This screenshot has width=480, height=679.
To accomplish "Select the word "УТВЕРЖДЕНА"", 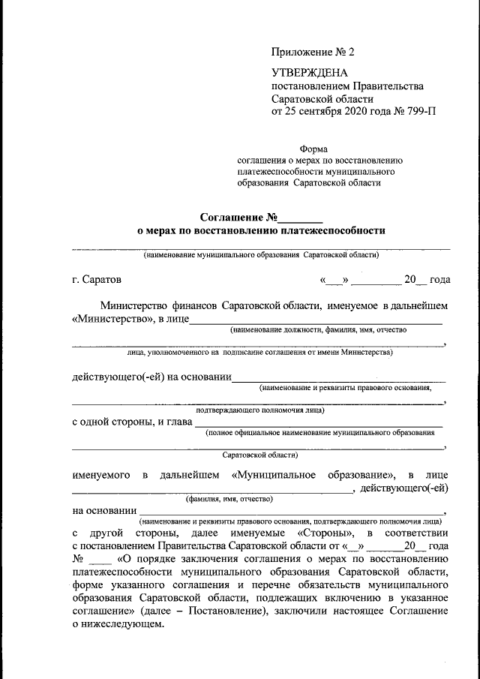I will click(x=310, y=74).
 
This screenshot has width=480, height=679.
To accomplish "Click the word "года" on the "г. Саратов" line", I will click(x=440, y=280).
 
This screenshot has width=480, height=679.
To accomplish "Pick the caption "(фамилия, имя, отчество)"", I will click(x=229, y=498).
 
